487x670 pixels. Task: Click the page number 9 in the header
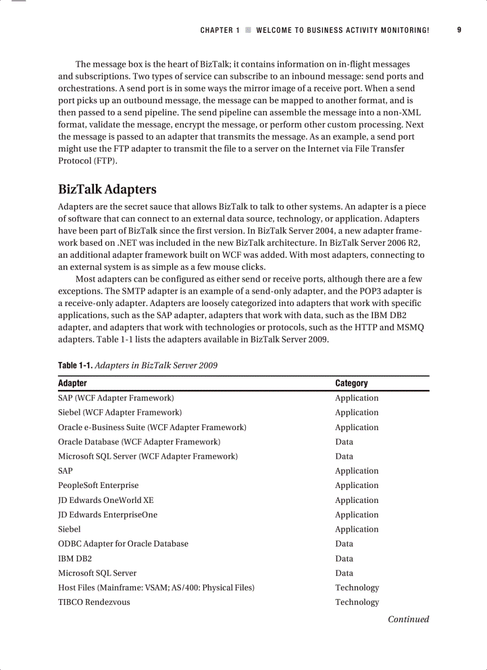click(x=459, y=30)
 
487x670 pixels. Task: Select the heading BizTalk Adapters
click(x=107, y=189)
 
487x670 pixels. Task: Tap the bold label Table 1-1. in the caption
click(x=75, y=365)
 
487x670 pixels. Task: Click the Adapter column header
click(x=72, y=383)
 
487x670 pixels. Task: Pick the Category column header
click(x=352, y=383)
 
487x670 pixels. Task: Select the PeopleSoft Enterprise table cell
click(x=98, y=485)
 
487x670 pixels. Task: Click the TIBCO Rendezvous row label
click(x=94, y=602)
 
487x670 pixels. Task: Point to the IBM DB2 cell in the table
click(x=75, y=558)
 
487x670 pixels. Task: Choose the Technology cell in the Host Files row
click(x=357, y=588)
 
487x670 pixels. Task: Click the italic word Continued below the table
click(x=408, y=619)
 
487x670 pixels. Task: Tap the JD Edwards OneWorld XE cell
click(x=106, y=500)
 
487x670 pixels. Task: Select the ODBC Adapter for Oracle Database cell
click(x=123, y=544)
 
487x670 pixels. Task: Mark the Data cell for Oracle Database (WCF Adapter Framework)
click(x=344, y=441)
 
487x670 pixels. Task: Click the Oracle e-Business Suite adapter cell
click(x=152, y=427)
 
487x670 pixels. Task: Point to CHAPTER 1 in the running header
click(x=220, y=30)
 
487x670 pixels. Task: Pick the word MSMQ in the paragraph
click(x=410, y=328)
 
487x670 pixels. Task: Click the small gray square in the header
click(x=248, y=30)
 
